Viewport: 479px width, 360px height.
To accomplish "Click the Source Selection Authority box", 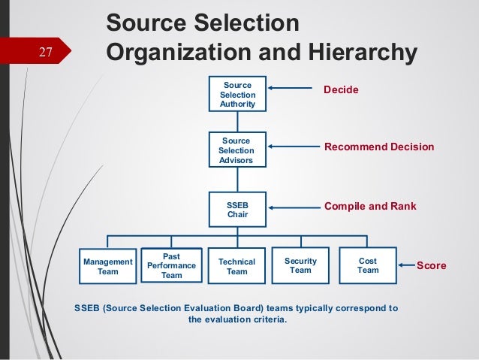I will [x=237, y=95].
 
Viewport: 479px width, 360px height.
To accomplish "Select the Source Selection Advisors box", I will [x=237, y=150].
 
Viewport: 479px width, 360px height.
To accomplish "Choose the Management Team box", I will [x=108, y=266].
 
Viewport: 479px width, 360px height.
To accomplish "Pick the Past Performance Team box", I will [x=172, y=265].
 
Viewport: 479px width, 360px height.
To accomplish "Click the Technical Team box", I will [x=236, y=266].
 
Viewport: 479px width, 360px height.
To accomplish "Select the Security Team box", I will [x=300, y=265].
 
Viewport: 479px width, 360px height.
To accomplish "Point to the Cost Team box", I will [x=368, y=265].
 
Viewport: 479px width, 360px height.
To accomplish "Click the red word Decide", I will [x=341, y=90].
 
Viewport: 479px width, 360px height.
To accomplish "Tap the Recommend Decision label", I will [x=378, y=147].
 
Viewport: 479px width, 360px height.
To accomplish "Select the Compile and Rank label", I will [x=369, y=206].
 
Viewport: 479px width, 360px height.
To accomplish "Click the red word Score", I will [x=431, y=266].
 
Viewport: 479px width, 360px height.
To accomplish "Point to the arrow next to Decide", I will [x=288, y=89].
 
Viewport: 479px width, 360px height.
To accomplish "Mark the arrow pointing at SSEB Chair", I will [x=290, y=205].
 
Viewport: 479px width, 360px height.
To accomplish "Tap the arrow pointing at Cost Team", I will [x=406, y=265].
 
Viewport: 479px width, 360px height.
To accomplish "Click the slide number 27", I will [x=46, y=52].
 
